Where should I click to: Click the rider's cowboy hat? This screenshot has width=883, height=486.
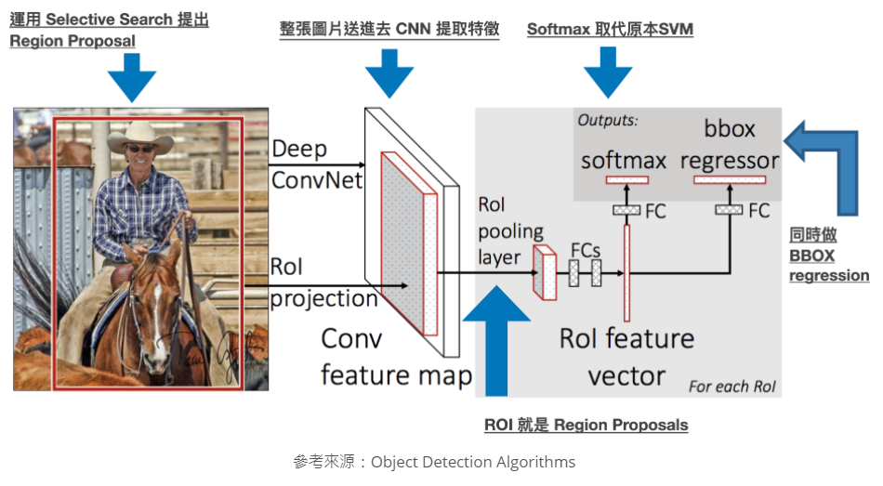(x=140, y=140)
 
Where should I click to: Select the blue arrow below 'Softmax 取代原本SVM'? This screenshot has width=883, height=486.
(x=609, y=72)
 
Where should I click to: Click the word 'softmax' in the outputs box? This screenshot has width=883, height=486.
(x=624, y=160)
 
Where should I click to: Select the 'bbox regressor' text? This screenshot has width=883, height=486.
(x=729, y=144)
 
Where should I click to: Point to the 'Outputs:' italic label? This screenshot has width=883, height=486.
(x=608, y=120)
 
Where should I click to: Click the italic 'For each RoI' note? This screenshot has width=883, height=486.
(x=731, y=386)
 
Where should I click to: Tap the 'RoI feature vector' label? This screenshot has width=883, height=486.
(x=626, y=357)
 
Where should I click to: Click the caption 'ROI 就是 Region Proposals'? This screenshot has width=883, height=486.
(x=586, y=425)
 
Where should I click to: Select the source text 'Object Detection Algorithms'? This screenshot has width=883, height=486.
(x=472, y=462)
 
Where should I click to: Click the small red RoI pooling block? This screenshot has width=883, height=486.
(x=543, y=270)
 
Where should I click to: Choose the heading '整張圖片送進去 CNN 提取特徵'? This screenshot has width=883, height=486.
(x=389, y=29)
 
